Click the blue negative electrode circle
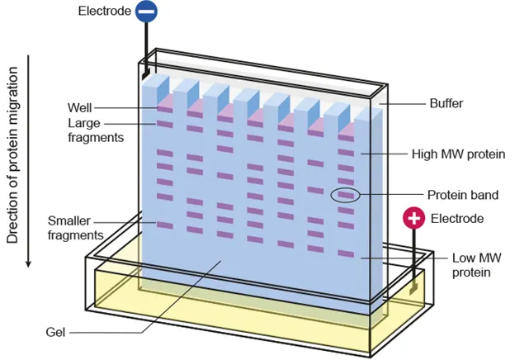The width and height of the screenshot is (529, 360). pyautogui.click(x=146, y=12)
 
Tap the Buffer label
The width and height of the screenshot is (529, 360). pyautogui.click(x=446, y=104)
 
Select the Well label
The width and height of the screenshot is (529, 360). pyautogui.click(x=80, y=107)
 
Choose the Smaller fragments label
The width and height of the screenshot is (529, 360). pyautogui.click(x=75, y=228)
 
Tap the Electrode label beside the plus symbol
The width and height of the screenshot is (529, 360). pyautogui.click(x=456, y=219)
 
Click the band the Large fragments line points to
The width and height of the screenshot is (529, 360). pyautogui.click(x=164, y=125)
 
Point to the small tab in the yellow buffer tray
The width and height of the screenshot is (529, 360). pyautogui.click(x=412, y=289)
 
